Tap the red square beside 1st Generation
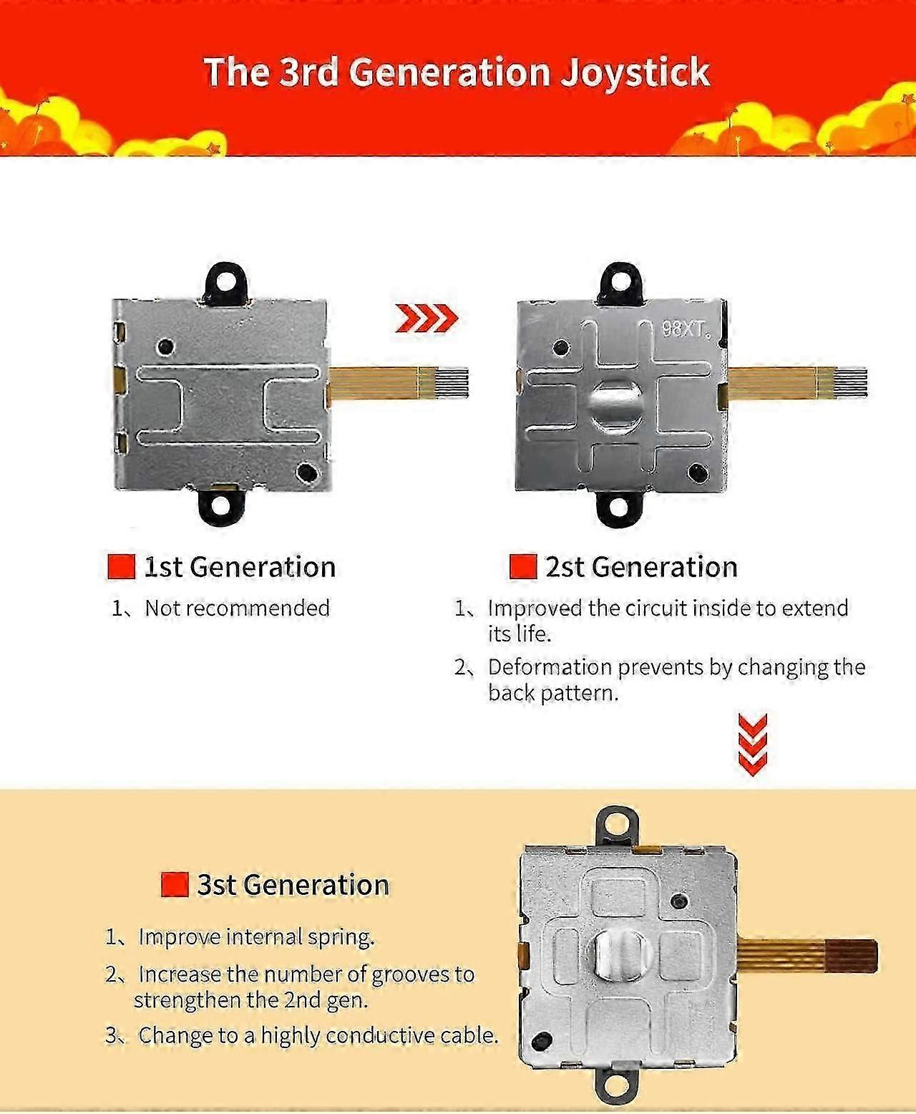click(x=122, y=567)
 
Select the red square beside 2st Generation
click(x=523, y=567)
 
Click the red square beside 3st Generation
click(x=175, y=884)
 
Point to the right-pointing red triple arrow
click(x=427, y=319)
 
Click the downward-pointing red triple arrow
click(x=752, y=745)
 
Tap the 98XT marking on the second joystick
click(x=686, y=330)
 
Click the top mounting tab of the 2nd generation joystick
click(x=619, y=284)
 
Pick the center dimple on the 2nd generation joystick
click(x=616, y=403)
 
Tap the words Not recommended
click(x=237, y=609)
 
